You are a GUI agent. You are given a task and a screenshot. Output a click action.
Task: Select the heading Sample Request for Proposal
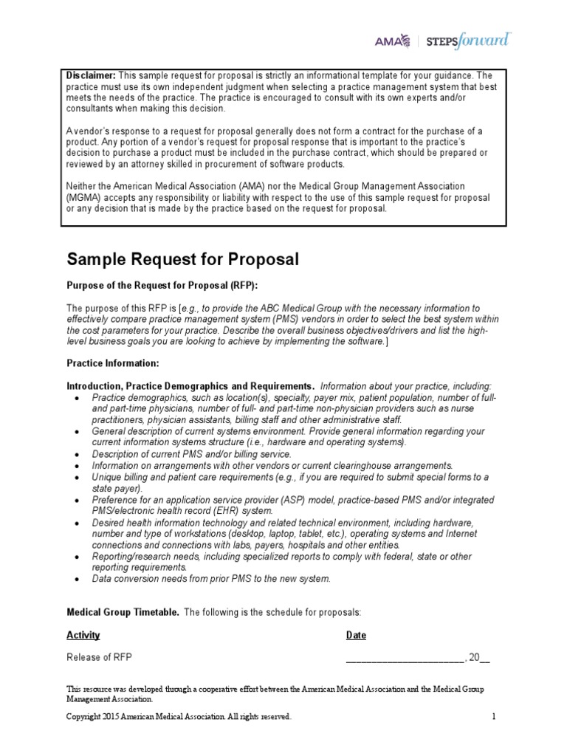pyautogui.click(x=183, y=260)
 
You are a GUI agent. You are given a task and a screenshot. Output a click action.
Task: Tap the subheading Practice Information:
pyautogui.click(x=113, y=364)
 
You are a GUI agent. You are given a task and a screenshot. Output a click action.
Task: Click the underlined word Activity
pyautogui.click(x=83, y=636)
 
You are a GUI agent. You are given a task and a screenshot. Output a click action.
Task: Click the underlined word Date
pyautogui.click(x=356, y=636)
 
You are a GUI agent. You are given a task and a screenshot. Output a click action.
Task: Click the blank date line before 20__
pyautogui.click(x=404, y=659)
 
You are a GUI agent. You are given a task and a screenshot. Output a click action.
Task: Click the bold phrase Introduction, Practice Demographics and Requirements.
pyautogui.click(x=190, y=387)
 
